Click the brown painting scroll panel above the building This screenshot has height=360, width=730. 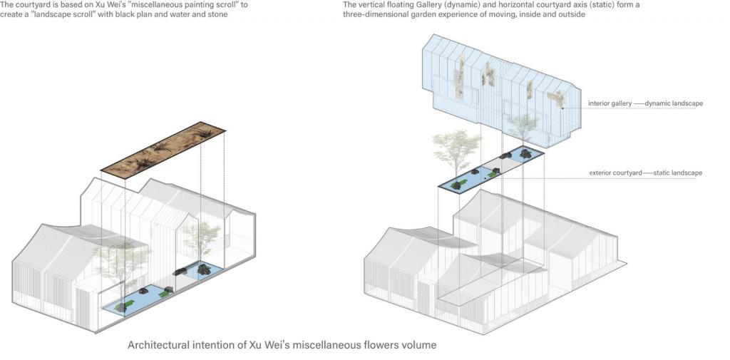(163, 150)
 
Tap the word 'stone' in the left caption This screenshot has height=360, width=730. (215, 15)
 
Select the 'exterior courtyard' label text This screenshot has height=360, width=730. (614, 173)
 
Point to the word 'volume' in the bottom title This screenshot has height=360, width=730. (418, 345)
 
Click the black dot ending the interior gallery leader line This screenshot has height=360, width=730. (562, 108)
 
